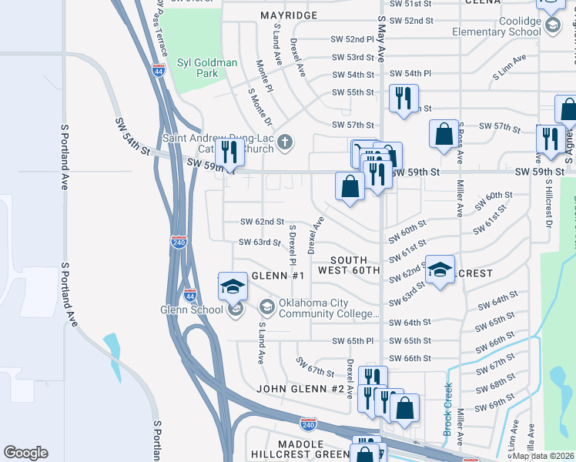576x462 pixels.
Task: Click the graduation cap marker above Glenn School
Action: point(233,287)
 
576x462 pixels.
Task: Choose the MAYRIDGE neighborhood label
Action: point(289,15)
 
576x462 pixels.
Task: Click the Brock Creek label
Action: point(447,410)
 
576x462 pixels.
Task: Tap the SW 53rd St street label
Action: point(353,57)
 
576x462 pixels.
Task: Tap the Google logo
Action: point(25,453)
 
